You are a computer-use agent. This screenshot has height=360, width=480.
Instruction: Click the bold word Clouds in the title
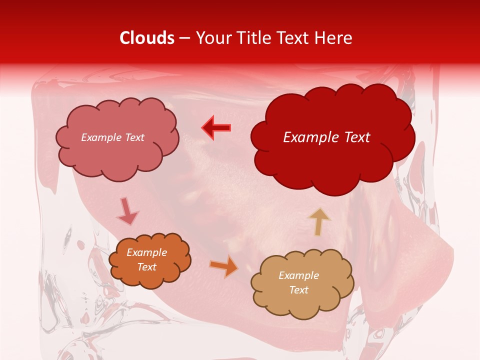point(147,38)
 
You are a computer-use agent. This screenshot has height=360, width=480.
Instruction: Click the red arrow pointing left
point(216,128)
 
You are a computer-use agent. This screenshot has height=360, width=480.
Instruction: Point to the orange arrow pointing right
point(223,266)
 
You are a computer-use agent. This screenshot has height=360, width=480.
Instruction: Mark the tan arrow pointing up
point(319,221)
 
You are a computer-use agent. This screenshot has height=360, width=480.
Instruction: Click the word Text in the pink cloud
point(134,137)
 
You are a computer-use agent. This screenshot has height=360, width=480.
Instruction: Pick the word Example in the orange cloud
point(147,252)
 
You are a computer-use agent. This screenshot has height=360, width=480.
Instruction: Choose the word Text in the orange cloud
point(147,267)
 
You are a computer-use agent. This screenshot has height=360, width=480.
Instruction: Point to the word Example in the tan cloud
point(299,275)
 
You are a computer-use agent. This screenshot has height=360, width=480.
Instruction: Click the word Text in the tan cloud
point(299,290)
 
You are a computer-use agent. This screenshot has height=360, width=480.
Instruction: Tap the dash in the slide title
point(184,38)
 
